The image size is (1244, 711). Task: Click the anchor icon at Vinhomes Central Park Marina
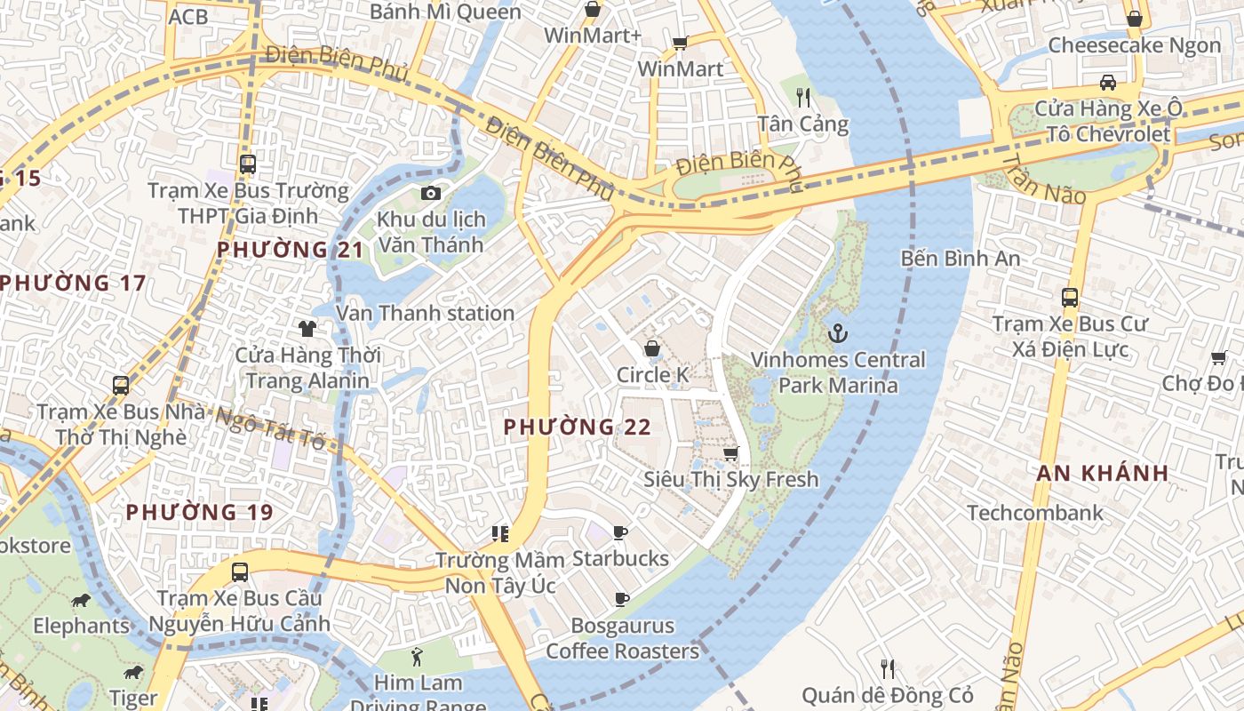836,334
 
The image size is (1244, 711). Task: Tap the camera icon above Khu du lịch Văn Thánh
431,193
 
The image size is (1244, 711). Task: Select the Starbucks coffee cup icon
620,533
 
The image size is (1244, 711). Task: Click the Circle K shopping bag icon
651,349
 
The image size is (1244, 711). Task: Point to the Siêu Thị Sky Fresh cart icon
730,454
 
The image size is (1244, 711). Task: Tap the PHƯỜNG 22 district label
577,427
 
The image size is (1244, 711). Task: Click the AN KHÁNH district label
1102,474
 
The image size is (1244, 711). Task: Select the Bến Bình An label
960,259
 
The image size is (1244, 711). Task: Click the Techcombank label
1035,513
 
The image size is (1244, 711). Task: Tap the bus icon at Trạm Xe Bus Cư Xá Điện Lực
1070,298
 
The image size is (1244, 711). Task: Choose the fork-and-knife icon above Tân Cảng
803,96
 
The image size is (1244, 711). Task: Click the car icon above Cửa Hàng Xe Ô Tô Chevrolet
1108,83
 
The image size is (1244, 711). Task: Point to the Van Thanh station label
425,314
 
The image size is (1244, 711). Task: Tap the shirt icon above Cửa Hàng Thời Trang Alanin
307,329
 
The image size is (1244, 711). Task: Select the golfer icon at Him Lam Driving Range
418,658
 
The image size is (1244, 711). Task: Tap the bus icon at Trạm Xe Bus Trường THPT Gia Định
248,164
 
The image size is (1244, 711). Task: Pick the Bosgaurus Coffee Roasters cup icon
622,599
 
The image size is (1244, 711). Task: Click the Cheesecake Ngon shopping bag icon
1134,19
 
